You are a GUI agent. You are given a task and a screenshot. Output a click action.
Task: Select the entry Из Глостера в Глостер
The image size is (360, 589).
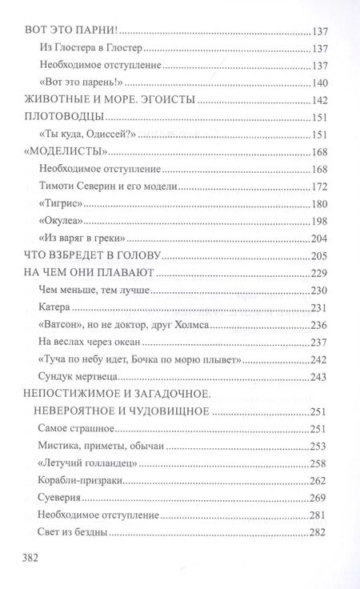click(x=87, y=47)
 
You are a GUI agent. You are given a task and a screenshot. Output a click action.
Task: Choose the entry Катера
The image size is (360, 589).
click(x=56, y=307)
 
